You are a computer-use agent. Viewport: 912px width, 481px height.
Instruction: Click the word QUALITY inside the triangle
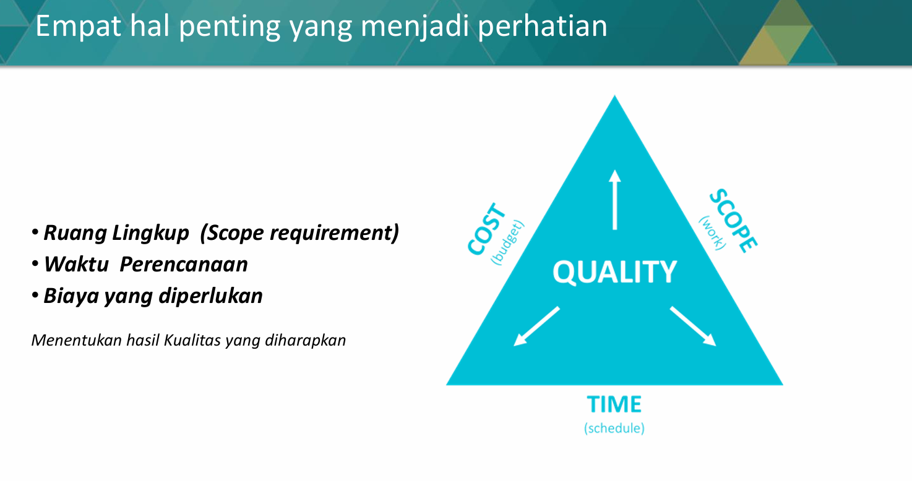(x=614, y=272)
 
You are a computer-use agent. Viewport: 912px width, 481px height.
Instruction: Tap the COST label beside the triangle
(x=486, y=229)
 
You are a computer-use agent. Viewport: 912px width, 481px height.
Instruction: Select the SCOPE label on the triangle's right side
(x=733, y=221)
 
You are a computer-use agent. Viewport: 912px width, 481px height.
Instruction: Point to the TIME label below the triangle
(x=614, y=404)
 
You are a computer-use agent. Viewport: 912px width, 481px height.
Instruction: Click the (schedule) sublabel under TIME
(x=614, y=428)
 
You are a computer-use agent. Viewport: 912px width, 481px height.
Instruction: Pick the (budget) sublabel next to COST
(x=508, y=242)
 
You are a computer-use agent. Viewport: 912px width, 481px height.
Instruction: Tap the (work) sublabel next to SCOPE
(x=713, y=232)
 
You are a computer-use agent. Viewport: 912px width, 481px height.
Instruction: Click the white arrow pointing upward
(x=615, y=200)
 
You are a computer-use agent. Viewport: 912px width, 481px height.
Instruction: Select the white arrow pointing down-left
(x=536, y=326)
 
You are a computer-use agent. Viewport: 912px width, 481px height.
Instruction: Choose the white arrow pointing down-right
(x=693, y=326)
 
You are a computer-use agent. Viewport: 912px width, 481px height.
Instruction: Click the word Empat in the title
(x=78, y=27)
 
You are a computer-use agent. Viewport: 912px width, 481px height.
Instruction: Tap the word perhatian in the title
(x=543, y=26)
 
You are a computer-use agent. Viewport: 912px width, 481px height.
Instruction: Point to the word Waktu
(x=76, y=265)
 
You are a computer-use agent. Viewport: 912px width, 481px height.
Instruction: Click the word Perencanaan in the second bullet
(x=184, y=265)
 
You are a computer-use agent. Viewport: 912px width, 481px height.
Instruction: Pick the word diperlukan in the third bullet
(x=210, y=296)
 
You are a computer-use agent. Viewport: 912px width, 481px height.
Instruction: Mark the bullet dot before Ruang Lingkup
(x=35, y=232)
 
